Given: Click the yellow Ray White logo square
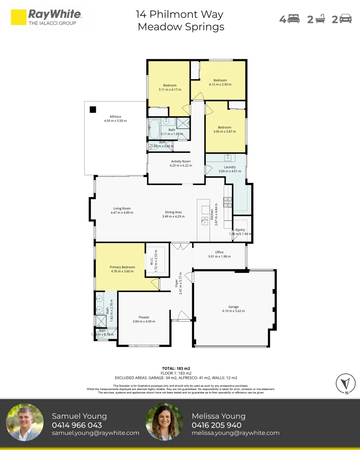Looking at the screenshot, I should coord(18,17).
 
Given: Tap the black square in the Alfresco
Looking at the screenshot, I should coord(93,110).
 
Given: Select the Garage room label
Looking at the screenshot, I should coord(233,307).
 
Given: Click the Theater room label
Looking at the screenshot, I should coord(144,317).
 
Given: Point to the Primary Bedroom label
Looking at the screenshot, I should coord(122,267).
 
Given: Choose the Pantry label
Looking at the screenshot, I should coord(240,230).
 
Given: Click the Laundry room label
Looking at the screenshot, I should coord(230,167).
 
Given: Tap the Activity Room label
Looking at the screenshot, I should coord(180,161).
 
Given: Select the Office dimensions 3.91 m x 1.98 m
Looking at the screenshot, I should coord(219,256).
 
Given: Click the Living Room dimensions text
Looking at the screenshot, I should coord(122,212).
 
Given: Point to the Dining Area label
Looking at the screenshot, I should coord(173,212).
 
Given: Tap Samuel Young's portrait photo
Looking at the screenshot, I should coord(25,422).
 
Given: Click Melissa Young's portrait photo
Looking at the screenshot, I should coord(164,422).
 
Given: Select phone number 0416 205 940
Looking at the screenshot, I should coord(216,425).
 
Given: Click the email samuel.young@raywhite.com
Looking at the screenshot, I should coord(95,433).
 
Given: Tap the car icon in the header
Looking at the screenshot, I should coord(345,19).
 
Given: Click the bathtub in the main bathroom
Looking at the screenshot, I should coord(154,129).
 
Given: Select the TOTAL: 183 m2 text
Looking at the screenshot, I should coord(176,368).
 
